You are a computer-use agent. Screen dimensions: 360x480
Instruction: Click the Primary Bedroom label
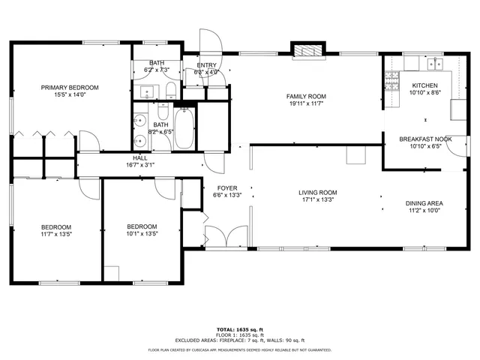click(70, 88)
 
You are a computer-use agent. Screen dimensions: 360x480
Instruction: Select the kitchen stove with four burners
click(391, 79)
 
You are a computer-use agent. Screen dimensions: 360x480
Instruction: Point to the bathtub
click(184, 128)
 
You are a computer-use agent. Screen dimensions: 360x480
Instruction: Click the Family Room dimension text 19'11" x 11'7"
click(306, 105)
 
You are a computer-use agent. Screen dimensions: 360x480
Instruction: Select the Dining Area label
click(424, 203)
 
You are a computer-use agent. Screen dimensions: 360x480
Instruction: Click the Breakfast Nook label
click(424, 139)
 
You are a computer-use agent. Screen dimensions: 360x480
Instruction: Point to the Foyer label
click(227, 187)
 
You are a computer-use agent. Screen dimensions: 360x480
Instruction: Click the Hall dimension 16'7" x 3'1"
click(140, 165)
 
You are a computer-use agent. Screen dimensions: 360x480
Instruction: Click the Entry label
click(206, 65)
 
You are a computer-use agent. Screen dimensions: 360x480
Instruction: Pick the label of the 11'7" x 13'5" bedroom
click(56, 227)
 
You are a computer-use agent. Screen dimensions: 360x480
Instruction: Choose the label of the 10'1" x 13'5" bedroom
click(142, 226)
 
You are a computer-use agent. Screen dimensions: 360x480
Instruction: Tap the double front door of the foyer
click(227, 238)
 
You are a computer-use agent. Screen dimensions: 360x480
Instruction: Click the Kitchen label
click(425, 85)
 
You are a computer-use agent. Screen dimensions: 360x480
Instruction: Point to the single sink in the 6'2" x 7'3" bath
click(147, 93)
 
